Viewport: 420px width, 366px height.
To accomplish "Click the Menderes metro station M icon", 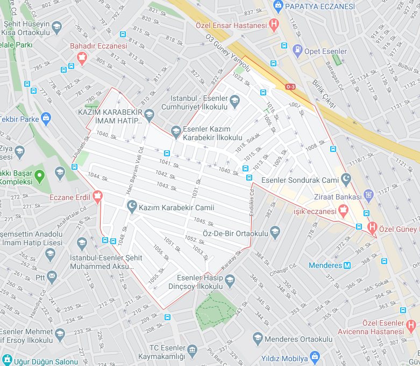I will (x=347, y=265).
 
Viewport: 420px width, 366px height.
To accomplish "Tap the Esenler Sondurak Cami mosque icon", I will (x=346, y=178).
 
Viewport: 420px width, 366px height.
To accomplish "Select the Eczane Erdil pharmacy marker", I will (x=97, y=197).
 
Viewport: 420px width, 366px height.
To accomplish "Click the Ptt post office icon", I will (x=52, y=277).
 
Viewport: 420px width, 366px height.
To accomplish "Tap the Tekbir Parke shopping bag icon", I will (x=46, y=118).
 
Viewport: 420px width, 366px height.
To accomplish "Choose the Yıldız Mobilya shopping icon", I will (x=315, y=357).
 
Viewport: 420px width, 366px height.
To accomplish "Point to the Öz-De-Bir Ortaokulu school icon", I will (x=275, y=232).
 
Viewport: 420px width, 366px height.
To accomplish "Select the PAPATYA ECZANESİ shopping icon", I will (x=278, y=6).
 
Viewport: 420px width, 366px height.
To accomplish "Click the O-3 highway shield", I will (x=290, y=87).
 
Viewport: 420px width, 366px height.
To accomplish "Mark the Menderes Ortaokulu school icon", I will (x=258, y=338).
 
